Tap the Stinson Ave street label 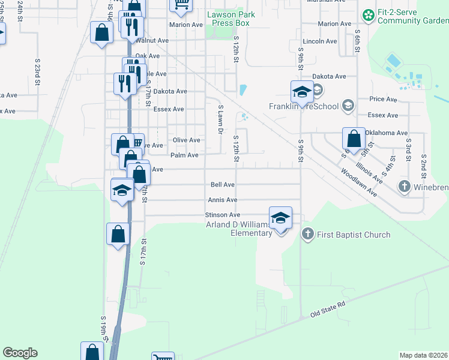coord(223,214)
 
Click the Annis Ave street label coord(223,200)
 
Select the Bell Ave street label coord(223,185)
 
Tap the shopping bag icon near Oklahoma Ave coord(354,139)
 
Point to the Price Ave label coord(384,99)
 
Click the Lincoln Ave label coord(320,41)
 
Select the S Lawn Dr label coord(220,119)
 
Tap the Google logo coord(20,353)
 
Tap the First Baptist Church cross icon coord(307,234)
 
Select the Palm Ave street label coord(184,155)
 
